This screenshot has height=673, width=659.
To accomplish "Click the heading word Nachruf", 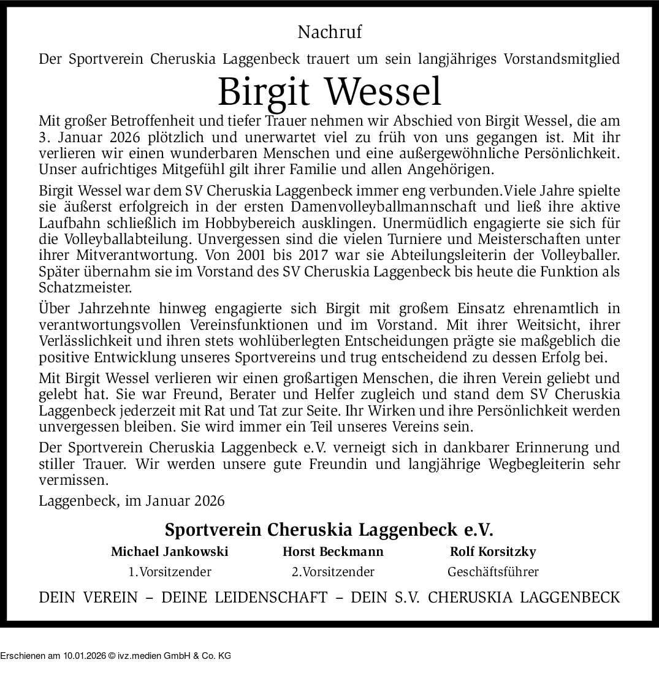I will [x=329, y=31].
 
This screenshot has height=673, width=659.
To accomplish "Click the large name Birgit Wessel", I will [x=329, y=91].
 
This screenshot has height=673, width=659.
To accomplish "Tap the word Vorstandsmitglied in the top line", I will [x=561, y=59].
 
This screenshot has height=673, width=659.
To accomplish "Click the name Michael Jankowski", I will [x=169, y=552].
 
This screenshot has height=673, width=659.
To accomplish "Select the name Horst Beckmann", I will [x=333, y=552].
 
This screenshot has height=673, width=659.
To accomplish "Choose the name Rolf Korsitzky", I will [x=493, y=552].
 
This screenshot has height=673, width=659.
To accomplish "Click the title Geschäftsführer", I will [x=493, y=572].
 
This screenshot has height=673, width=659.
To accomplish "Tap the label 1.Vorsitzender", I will [x=169, y=572].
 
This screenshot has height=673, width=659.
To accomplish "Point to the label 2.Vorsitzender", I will [x=333, y=572].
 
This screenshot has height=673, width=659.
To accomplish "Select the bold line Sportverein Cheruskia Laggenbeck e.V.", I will [x=329, y=529].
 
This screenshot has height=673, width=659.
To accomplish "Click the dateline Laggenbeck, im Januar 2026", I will [x=132, y=501].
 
